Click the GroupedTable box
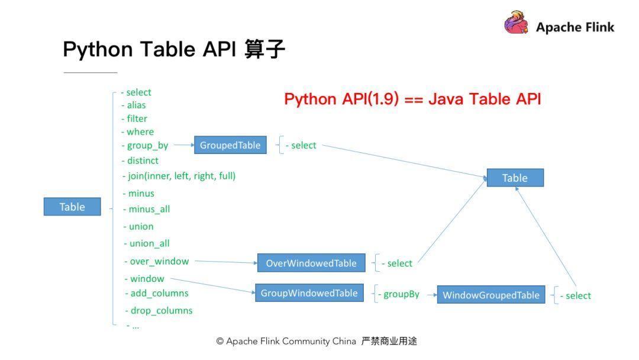230,144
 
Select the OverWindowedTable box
311,263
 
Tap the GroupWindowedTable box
309,292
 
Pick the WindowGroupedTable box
491,295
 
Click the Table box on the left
72,207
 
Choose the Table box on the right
515,178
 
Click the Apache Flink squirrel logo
516,23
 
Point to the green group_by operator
147,146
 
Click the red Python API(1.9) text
341,99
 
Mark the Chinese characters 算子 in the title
264,49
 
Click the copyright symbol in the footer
220,341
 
